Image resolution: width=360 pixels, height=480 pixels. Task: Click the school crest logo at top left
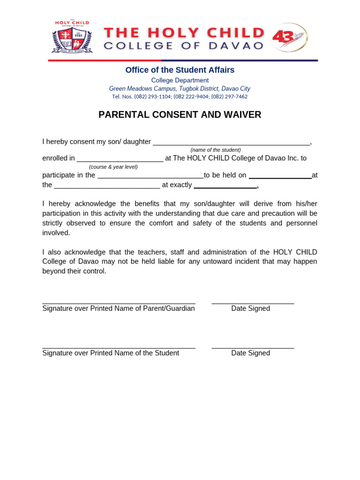click(x=72, y=37)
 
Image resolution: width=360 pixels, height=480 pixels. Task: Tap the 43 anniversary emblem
click(x=289, y=37)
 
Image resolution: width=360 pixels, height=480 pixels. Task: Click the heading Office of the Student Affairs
click(x=180, y=70)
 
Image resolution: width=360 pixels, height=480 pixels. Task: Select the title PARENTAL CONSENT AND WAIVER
click(x=180, y=115)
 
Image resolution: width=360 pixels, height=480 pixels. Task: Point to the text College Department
click(x=180, y=80)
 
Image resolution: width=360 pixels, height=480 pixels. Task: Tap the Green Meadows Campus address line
click(x=180, y=89)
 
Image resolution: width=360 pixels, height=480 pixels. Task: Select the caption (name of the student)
click(x=215, y=150)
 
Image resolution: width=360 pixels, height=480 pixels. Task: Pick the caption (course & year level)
click(x=113, y=167)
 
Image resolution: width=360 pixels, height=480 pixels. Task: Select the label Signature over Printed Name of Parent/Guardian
click(x=119, y=308)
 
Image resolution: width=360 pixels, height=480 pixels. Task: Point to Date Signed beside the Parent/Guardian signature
click(x=250, y=308)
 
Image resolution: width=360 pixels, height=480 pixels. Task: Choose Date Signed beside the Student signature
click(x=250, y=353)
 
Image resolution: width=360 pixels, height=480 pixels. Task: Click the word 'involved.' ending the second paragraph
click(x=56, y=233)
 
